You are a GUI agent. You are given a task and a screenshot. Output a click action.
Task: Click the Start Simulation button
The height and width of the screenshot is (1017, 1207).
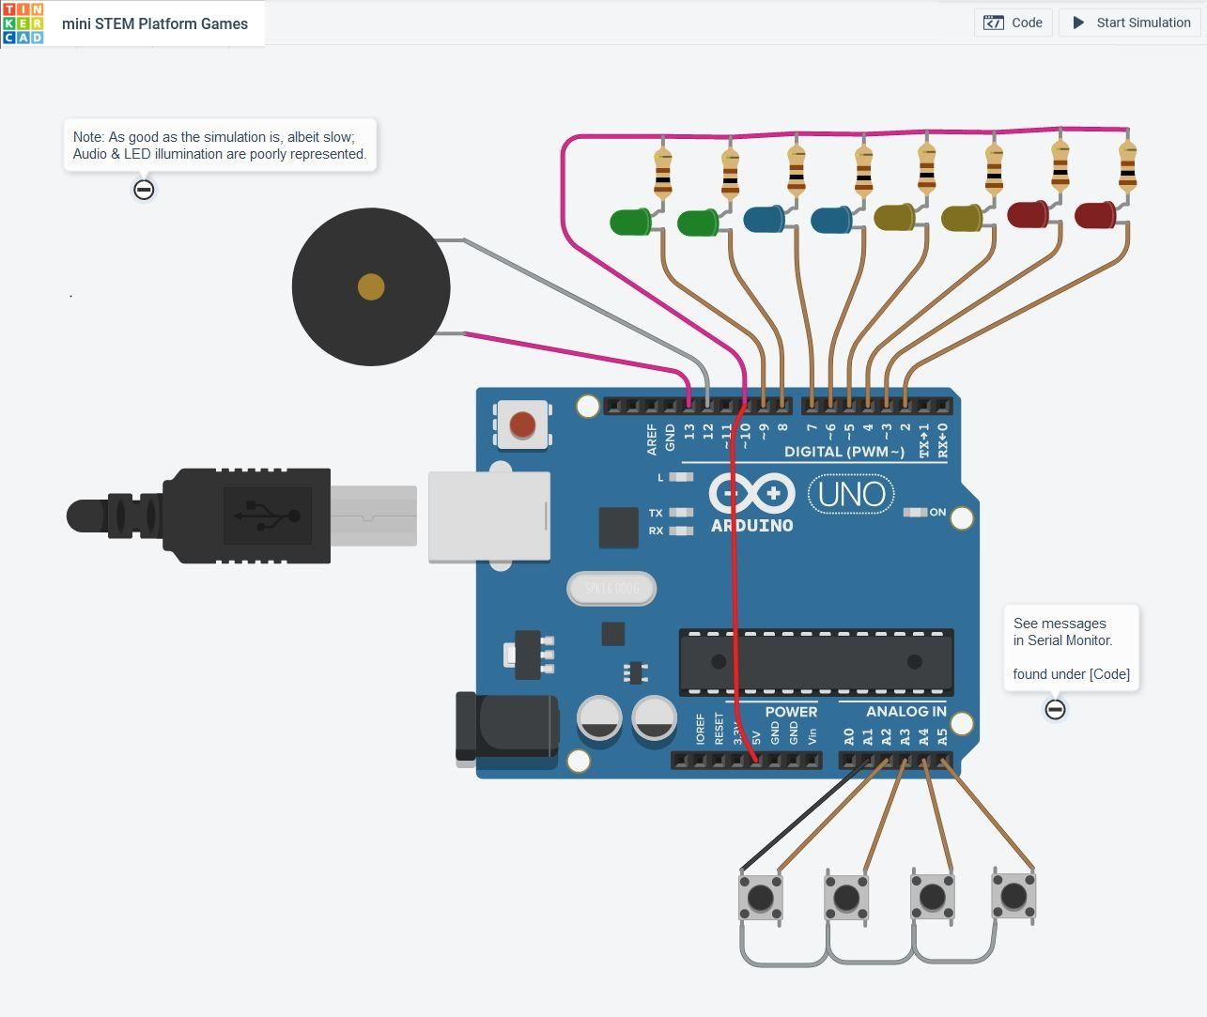tap(1131, 23)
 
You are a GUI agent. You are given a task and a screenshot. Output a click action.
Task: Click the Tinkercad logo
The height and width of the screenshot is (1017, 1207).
tap(23, 23)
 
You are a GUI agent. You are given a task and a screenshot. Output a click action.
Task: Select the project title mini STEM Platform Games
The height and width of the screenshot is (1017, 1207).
tap(155, 23)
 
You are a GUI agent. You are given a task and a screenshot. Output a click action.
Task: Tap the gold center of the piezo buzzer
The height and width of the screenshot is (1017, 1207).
tap(371, 287)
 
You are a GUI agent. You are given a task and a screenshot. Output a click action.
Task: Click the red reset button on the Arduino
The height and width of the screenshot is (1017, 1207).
tap(522, 425)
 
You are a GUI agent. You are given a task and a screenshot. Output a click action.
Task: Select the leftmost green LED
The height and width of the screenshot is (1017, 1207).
tap(629, 223)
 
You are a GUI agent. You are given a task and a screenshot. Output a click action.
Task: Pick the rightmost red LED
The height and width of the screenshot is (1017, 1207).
tap(1094, 215)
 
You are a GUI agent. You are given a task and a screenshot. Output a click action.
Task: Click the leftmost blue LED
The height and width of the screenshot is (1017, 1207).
tap(764, 220)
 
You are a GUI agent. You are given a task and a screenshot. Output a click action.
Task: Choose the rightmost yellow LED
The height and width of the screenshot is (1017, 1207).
tap(961, 219)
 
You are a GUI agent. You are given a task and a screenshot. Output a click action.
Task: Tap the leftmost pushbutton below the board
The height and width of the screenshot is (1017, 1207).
tap(761, 898)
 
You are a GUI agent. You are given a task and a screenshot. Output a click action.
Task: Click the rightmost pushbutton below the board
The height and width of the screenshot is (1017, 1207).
tap(1014, 896)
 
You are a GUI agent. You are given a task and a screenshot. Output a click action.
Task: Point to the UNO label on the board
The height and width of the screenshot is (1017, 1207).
tap(851, 494)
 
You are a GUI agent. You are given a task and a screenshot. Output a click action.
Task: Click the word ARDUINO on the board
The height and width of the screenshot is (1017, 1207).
tap(751, 526)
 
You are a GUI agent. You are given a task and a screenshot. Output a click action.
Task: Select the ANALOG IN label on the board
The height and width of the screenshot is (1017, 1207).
tap(905, 712)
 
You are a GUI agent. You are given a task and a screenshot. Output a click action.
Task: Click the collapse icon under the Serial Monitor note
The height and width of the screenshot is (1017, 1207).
tap(1055, 709)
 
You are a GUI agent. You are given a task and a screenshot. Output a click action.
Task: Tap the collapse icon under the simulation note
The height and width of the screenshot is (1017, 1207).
tap(144, 190)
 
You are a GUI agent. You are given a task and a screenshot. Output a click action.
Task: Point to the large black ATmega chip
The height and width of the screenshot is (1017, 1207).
tap(815, 661)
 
